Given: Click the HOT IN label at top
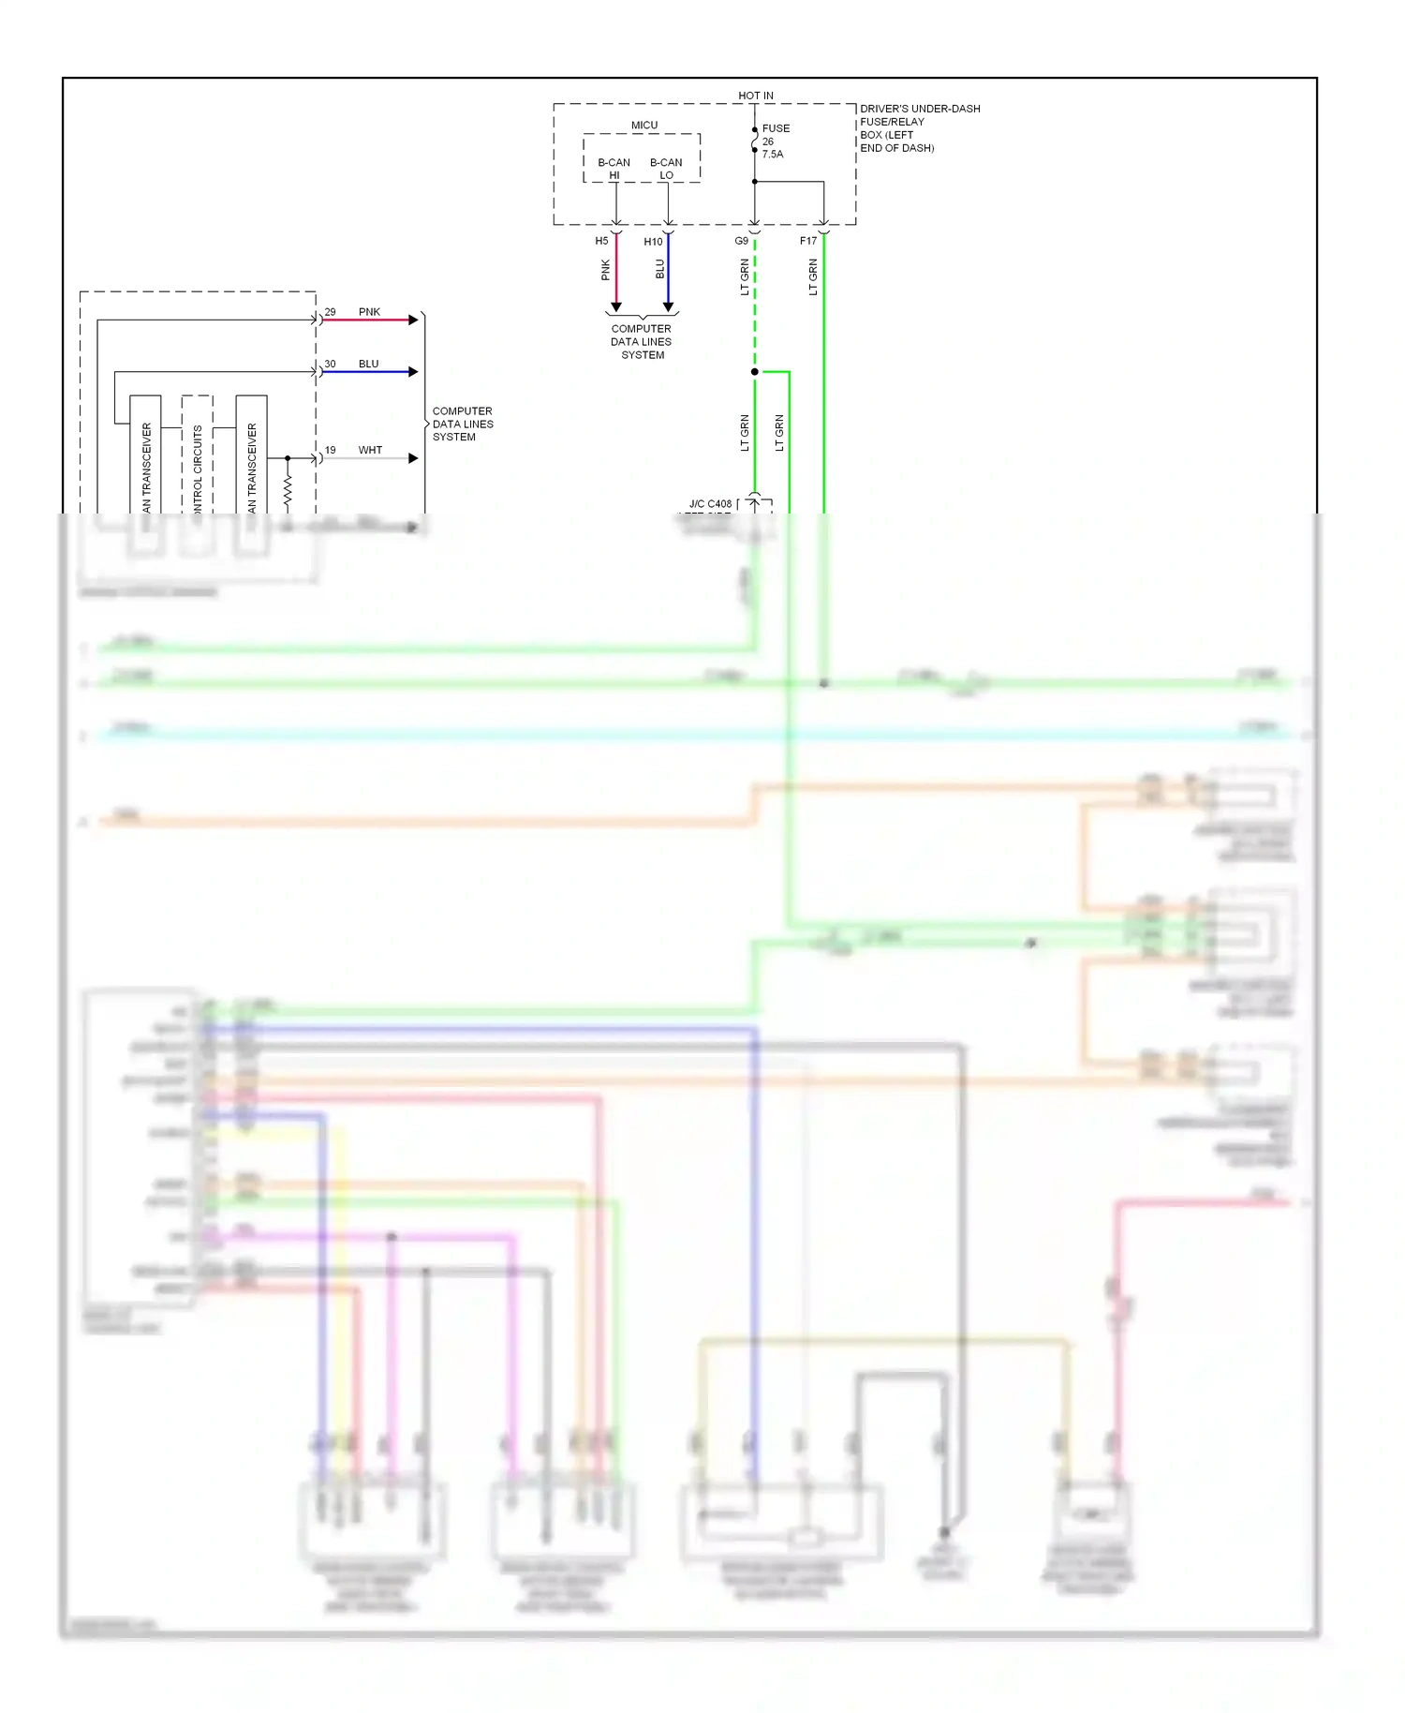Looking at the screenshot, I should (x=755, y=96).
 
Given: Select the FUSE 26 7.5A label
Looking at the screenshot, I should (x=775, y=142).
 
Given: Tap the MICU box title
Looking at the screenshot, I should (x=643, y=126).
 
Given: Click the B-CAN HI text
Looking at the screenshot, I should (x=614, y=169).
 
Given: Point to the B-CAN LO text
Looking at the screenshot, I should (x=666, y=169).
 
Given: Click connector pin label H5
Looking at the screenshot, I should (x=601, y=241).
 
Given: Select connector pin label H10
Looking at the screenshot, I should (x=653, y=242).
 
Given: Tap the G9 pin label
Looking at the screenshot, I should (x=741, y=241).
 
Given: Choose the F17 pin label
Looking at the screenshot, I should (x=807, y=241).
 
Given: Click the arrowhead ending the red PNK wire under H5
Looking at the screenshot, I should (x=615, y=307).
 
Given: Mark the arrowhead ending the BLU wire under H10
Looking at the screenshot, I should (x=668, y=307).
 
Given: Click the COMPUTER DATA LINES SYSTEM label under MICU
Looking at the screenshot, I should (x=642, y=342).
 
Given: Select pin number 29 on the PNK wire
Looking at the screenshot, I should (x=330, y=312).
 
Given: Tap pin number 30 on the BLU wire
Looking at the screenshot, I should (x=330, y=364).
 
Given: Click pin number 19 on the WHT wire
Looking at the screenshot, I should (x=330, y=450).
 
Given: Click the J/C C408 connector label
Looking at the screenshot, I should (x=710, y=504).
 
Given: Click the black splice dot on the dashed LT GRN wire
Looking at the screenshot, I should (x=755, y=372).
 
